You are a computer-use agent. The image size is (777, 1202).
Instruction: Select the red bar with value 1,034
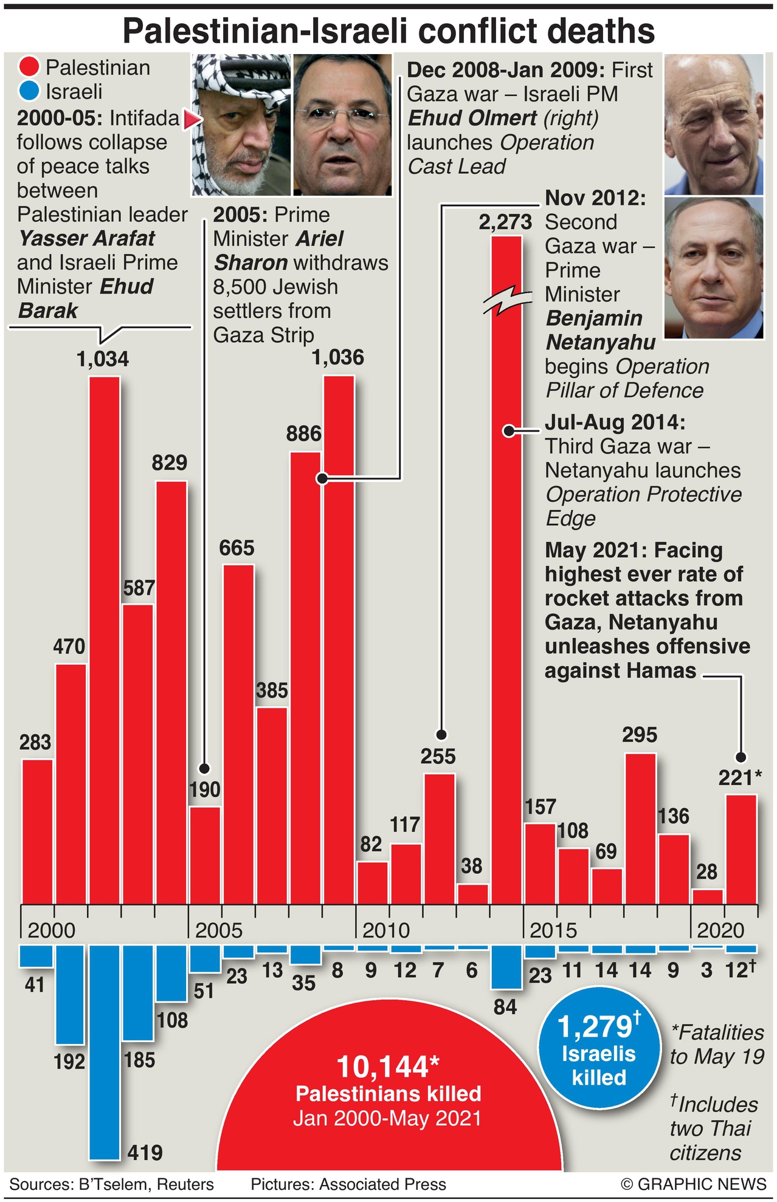105,638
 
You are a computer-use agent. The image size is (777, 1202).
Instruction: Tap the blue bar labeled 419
105,1051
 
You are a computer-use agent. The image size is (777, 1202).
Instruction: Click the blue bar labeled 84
506,966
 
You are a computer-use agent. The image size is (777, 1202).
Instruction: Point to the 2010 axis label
385,930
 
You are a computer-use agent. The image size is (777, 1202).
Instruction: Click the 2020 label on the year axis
720,930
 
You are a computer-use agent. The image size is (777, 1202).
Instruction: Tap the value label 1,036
337,357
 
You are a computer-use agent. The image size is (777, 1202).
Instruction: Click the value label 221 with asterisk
739,777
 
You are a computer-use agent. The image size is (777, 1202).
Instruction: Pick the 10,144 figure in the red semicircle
387,1067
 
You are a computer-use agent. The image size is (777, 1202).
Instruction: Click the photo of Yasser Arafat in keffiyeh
241,125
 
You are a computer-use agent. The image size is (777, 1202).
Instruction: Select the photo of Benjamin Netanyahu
714,267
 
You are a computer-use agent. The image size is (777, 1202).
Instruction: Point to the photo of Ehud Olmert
714,124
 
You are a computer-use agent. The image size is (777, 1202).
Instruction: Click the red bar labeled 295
641,828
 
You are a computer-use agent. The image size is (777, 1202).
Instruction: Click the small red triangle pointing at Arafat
192,120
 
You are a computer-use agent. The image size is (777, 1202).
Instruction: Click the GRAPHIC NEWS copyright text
693,1184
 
